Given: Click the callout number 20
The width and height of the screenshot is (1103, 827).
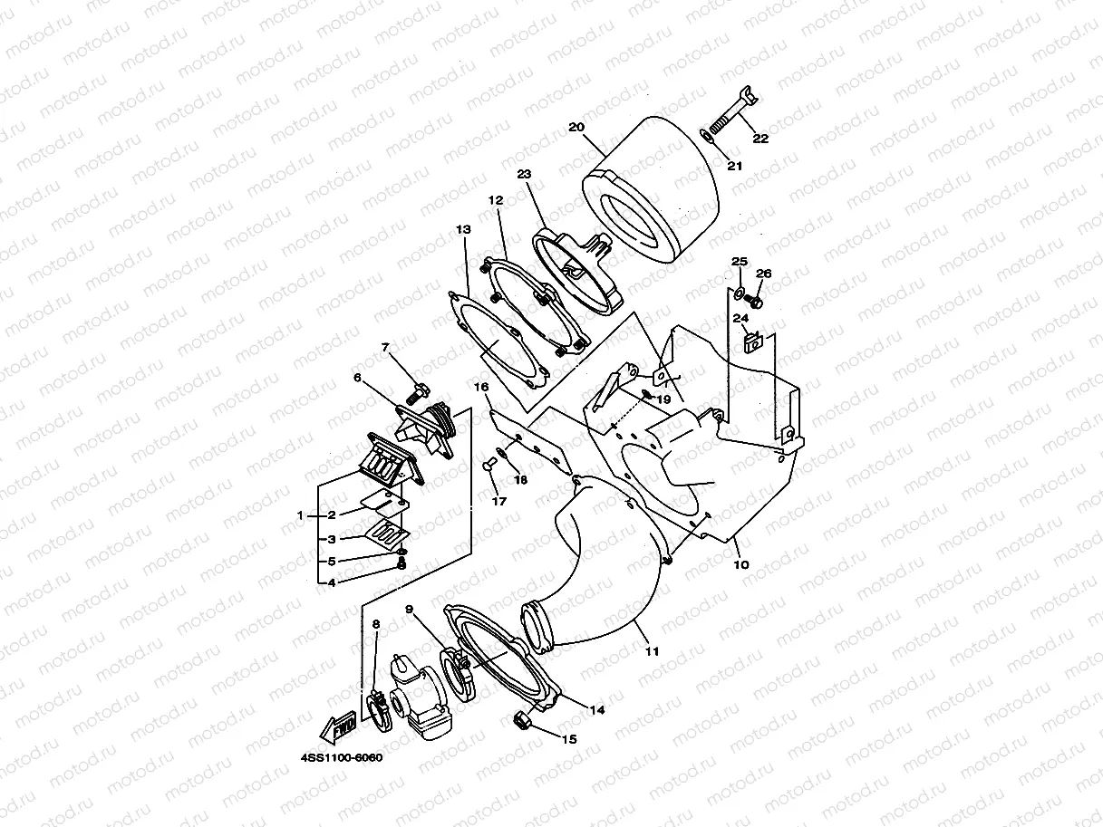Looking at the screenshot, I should pos(576,127).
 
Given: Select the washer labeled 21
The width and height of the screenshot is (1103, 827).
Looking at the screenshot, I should pos(710,137).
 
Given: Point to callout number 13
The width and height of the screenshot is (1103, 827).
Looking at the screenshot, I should pos(463,230).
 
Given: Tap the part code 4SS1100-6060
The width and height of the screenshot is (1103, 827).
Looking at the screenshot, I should pos(337,758).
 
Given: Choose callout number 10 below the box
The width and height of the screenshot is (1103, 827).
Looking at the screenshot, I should pos(740,564).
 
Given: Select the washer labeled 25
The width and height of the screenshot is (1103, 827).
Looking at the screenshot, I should pos(739,292).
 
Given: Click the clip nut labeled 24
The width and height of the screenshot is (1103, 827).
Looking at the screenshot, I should pos(752,343).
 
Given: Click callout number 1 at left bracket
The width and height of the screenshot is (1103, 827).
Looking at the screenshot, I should pos(300,514).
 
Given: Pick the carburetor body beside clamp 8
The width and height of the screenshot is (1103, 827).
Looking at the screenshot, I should pos(420,696).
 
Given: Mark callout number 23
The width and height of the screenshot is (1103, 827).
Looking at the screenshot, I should pos(523,173).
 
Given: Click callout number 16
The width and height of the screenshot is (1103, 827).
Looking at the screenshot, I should pos(481,387).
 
